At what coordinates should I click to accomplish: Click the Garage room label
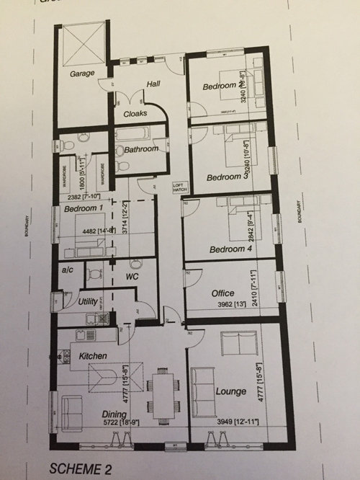[x=83, y=74]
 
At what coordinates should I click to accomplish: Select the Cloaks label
[x=135, y=113]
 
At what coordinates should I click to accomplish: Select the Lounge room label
[x=230, y=391]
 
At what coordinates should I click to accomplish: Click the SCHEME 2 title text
[x=81, y=469]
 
